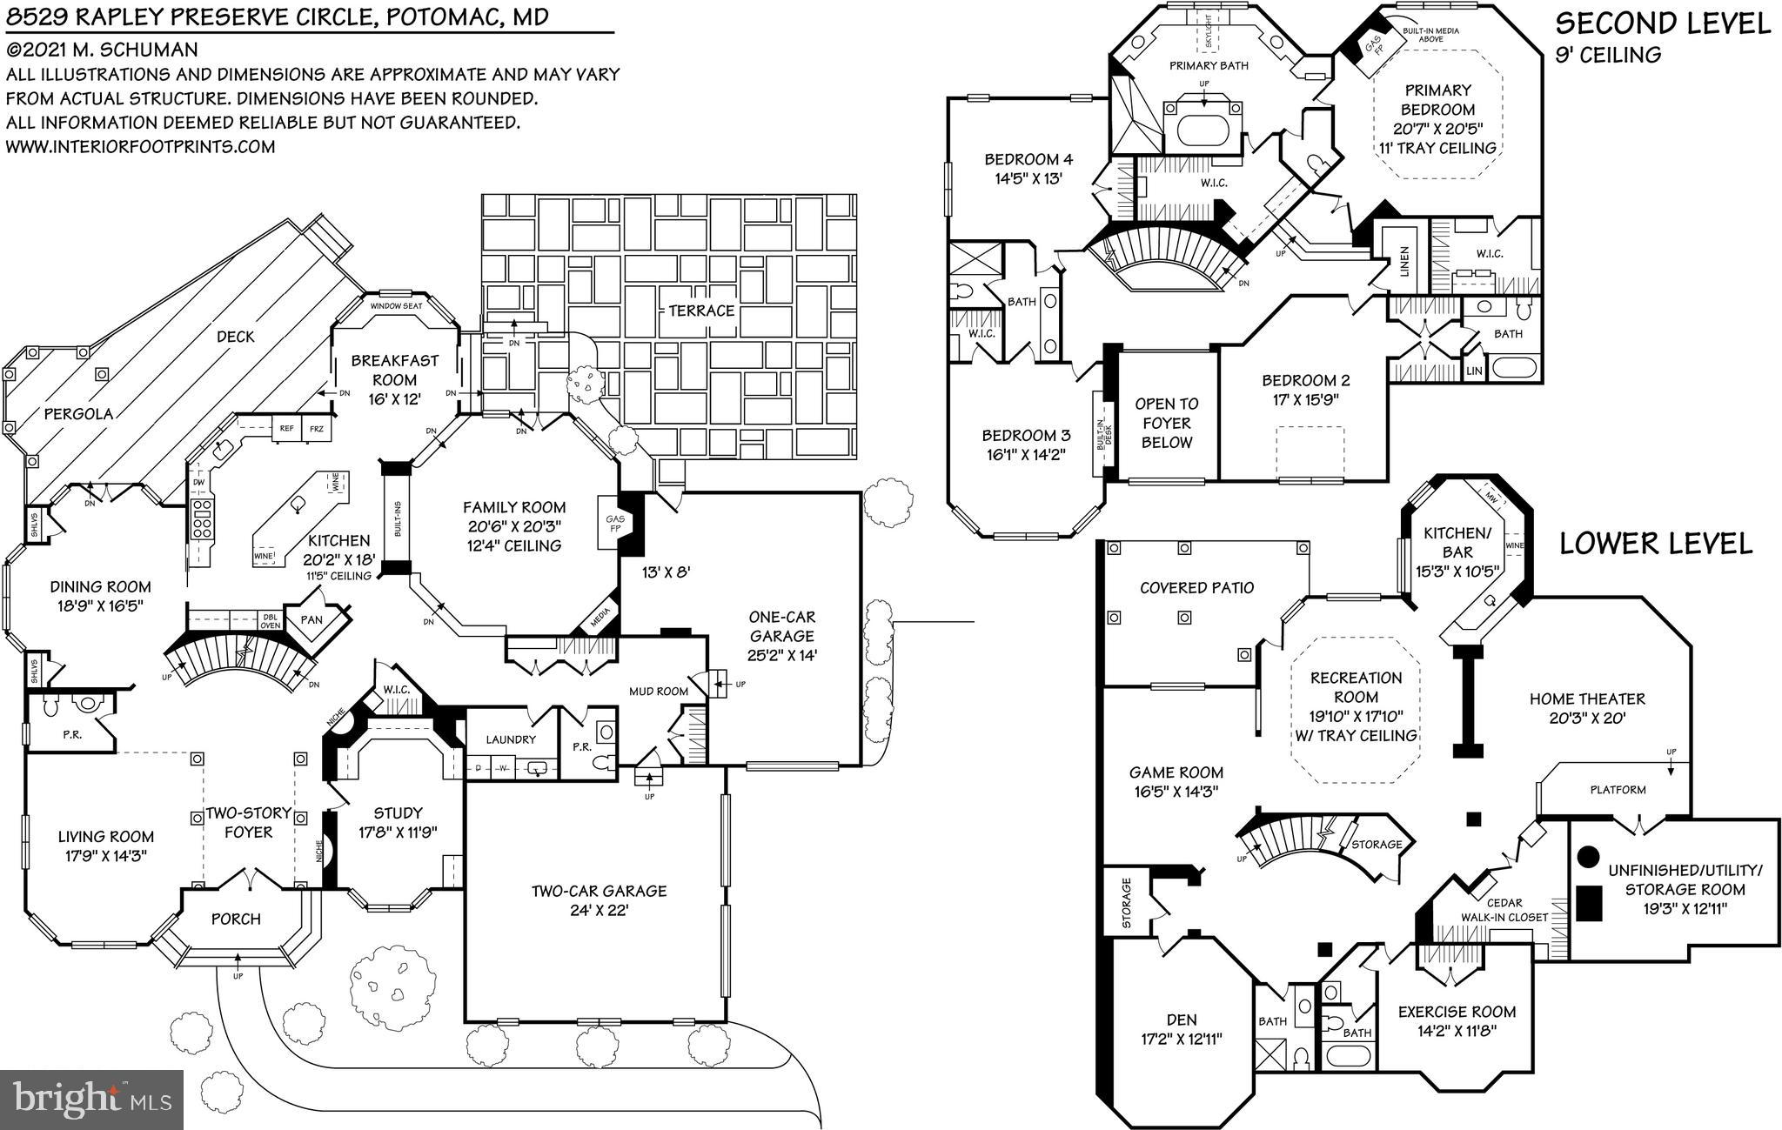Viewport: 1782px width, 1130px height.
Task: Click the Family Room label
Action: click(513, 507)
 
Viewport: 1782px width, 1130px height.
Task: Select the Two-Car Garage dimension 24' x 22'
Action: click(599, 911)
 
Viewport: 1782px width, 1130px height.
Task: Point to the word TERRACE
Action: click(700, 311)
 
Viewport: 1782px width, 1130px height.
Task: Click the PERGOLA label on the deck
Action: click(78, 414)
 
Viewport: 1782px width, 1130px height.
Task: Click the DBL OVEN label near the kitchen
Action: click(270, 620)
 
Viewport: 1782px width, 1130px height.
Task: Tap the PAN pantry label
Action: click(312, 620)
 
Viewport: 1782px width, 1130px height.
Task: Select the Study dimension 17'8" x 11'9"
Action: click(398, 832)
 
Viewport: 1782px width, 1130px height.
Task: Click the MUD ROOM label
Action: click(659, 692)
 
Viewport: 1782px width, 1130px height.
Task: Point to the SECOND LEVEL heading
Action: click(1662, 23)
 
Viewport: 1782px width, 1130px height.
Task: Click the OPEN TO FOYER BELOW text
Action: click(1166, 423)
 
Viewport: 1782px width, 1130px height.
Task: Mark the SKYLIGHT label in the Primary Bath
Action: click(1209, 33)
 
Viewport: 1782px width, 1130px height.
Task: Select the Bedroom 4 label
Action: click(1028, 159)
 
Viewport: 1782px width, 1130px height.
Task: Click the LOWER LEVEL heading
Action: click(1655, 544)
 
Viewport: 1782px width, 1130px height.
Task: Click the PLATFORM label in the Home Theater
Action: click(1618, 790)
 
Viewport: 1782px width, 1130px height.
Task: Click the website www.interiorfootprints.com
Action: click(140, 147)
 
